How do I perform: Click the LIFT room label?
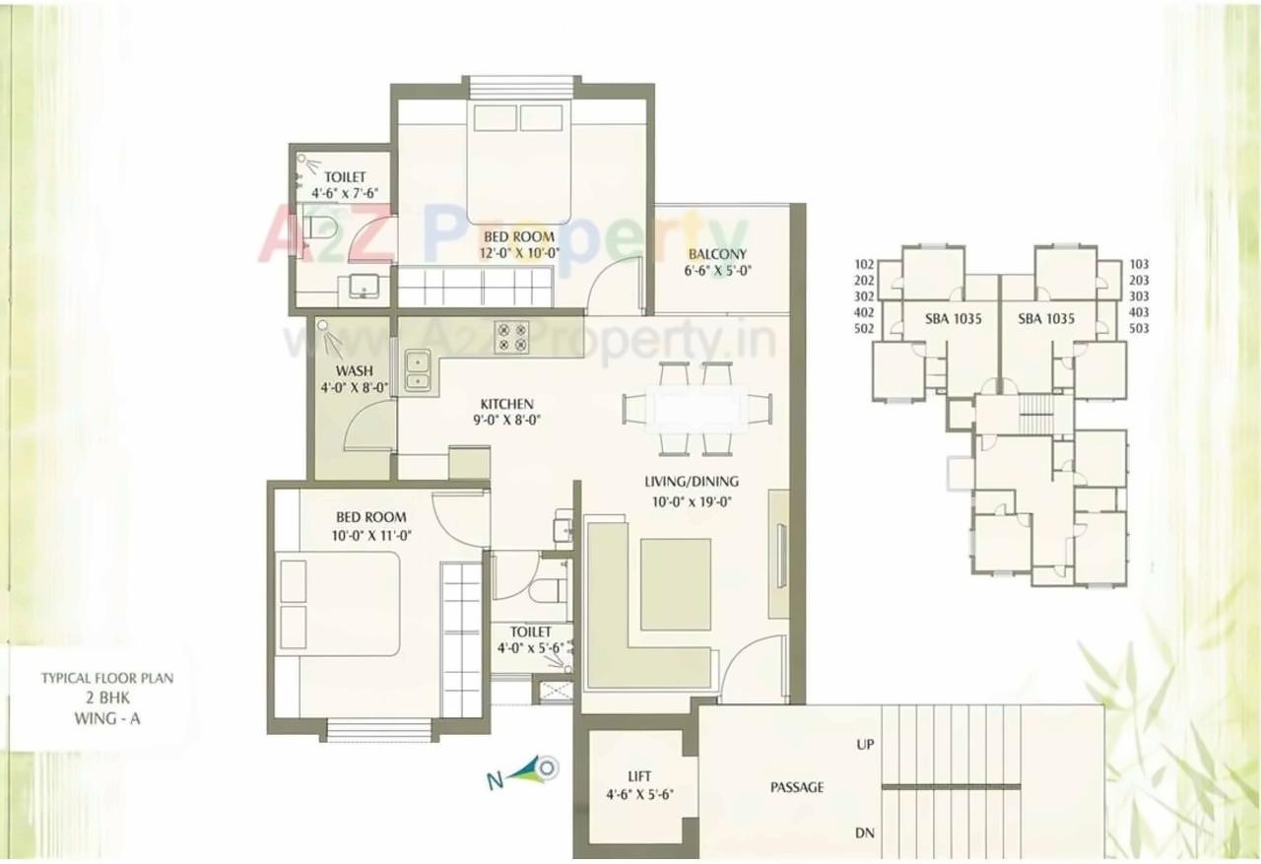click(x=640, y=776)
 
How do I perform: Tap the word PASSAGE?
click(x=797, y=787)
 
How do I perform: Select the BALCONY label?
click(x=718, y=253)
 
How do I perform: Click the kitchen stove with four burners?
click(x=511, y=337)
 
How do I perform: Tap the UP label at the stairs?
click(x=865, y=745)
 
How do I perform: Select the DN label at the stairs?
click(x=865, y=833)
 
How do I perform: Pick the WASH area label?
click(x=355, y=370)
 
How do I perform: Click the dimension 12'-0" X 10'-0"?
click(x=520, y=252)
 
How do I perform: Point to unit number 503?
click(x=1139, y=328)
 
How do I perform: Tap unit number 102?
click(x=864, y=264)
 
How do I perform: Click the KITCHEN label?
click(x=506, y=404)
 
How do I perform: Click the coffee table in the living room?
click(x=676, y=584)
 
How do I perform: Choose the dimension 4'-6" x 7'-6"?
click(x=345, y=193)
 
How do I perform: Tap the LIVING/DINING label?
click(x=692, y=482)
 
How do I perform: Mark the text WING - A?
click(x=106, y=718)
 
